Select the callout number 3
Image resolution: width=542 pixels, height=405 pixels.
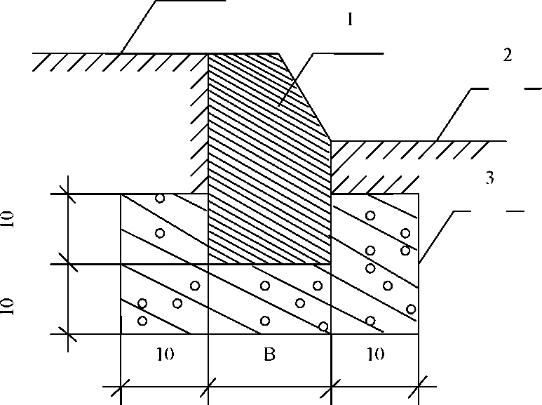pos(489,180)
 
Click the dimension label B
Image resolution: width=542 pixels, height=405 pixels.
pos(269,355)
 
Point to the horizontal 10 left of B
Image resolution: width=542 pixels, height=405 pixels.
pos(165,355)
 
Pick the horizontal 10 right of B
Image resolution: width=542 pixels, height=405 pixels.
pos(375,355)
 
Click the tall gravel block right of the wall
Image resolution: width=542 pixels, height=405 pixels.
pos(375,263)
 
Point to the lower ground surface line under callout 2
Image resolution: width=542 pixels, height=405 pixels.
pos(421,141)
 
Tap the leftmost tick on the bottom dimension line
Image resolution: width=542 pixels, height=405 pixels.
pos(121,385)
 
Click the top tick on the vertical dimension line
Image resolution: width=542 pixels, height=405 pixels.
pos(68,194)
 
